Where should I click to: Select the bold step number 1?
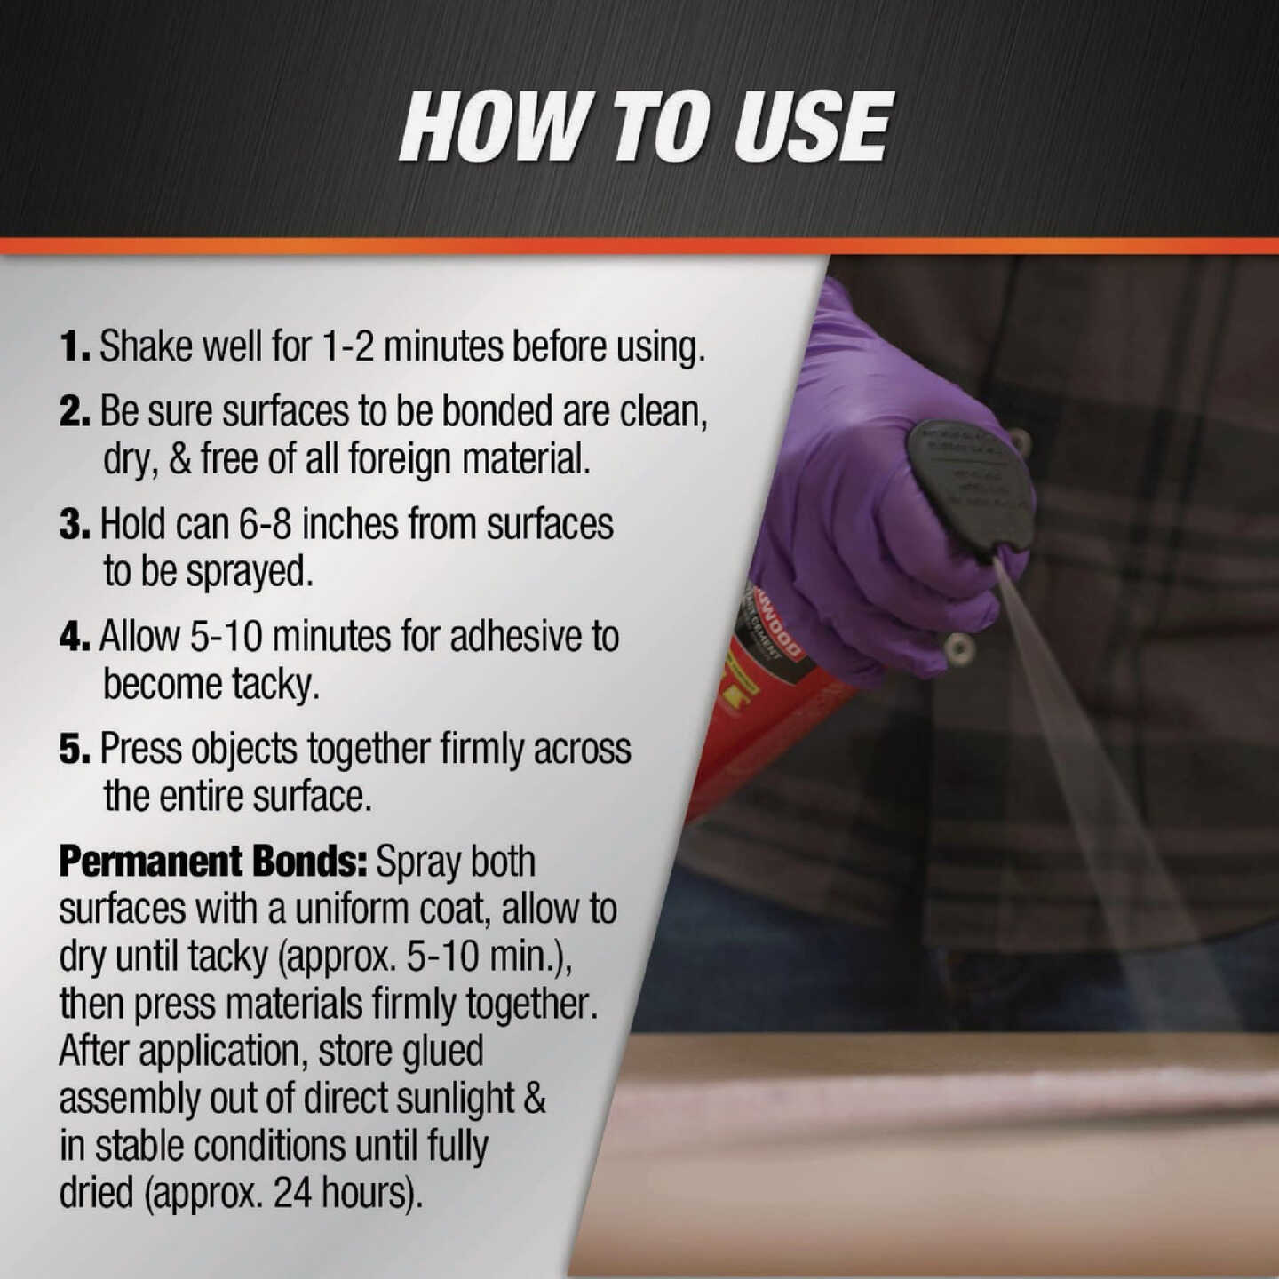pos(73,346)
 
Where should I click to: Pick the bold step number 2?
pos(75,411)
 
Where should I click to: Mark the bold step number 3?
pos(75,524)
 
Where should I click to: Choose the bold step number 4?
pos(75,637)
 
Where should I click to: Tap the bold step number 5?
pos(75,749)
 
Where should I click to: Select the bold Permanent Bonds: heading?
pos(212,862)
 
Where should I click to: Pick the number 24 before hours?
pos(291,1193)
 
